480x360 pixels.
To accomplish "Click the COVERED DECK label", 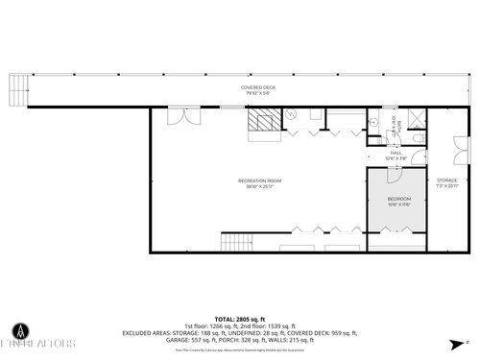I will (257, 87).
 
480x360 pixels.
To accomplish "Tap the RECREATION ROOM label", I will (259, 180).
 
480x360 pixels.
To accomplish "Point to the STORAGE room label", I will (447, 180).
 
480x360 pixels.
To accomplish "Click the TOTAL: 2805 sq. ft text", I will (239, 318).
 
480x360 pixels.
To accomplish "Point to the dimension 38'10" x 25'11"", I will (259, 186).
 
